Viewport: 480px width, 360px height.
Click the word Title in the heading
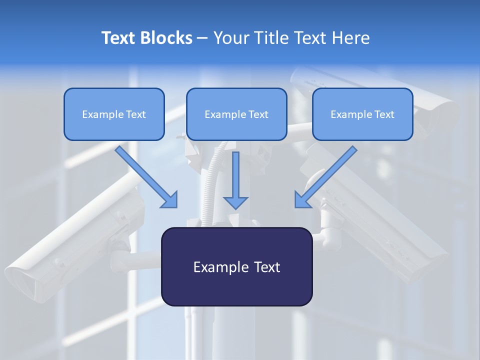tap(271, 38)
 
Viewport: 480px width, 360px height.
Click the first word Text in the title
tap(119, 38)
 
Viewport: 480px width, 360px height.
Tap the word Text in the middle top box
tap(258, 114)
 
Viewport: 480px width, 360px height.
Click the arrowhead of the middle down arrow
tap(235, 202)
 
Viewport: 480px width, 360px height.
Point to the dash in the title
tap(202, 38)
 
